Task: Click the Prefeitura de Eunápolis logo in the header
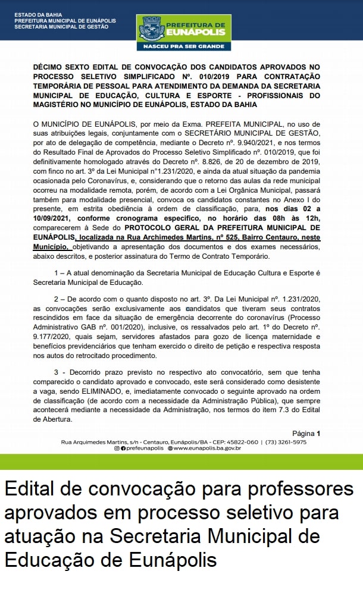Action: click(x=183, y=28)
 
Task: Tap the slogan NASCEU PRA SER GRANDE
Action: click(x=183, y=46)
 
